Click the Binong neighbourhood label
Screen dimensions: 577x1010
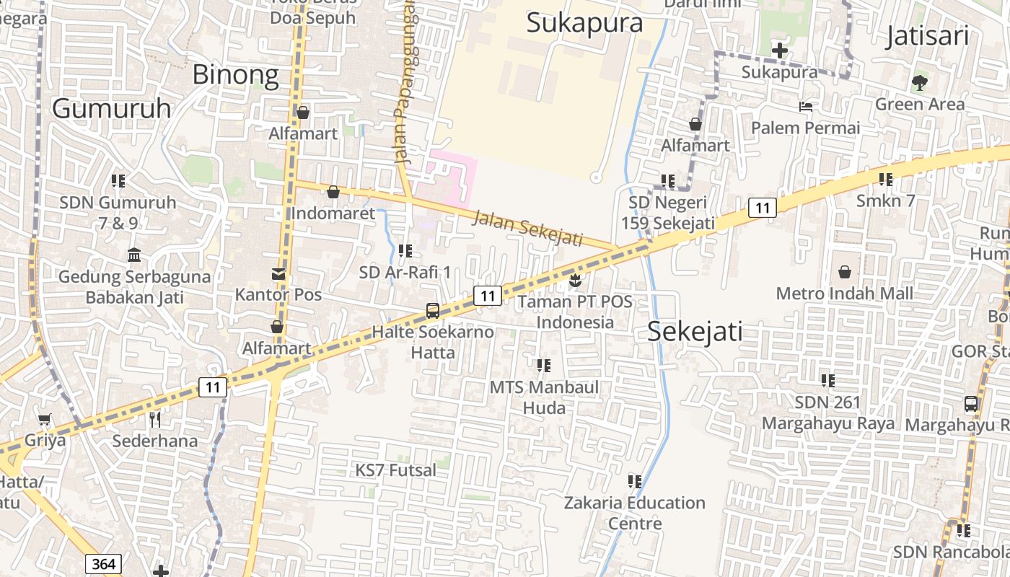coord(235,75)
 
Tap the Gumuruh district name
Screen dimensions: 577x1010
coord(112,108)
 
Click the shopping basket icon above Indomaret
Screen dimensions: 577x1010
coord(333,192)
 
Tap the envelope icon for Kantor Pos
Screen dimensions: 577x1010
coord(278,274)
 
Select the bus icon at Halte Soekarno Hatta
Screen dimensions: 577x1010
coord(433,311)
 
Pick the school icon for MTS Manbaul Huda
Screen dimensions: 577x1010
coord(544,366)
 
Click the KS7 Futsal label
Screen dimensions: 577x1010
coord(395,470)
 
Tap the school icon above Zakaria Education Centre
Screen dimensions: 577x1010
coord(635,481)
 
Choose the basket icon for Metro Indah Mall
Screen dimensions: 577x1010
coord(845,272)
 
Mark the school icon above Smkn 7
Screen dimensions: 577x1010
coord(886,179)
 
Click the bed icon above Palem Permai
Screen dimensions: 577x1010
coord(806,107)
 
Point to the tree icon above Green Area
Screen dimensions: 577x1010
coord(919,82)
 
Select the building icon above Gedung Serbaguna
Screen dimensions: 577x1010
coord(134,255)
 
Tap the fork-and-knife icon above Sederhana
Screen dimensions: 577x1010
coord(154,418)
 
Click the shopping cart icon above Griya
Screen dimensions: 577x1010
coord(45,418)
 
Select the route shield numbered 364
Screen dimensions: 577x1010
coord(102,563)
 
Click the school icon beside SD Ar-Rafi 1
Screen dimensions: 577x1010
coord(405,251)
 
